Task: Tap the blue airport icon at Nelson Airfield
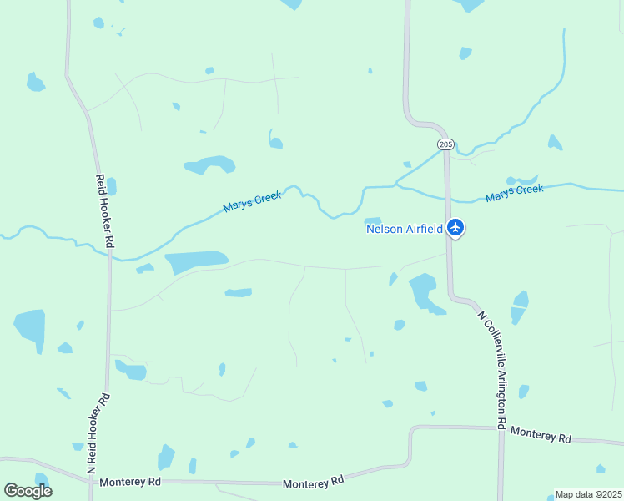[x=455, y=226]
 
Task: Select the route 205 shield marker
[x=445, y=144]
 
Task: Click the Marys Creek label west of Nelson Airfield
[x=252, y=200]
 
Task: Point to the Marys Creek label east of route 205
[x=514, y=193]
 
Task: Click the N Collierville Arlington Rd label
[x=492, y=370]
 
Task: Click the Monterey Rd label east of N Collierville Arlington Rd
[x=541, y=434]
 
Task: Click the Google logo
[x=28, y=491]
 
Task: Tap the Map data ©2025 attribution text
[x=588, y=494]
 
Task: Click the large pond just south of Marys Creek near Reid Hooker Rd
[x=197, y=261]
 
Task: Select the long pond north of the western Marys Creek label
[x=209, y=164]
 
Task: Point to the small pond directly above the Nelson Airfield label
[x=373, y=220]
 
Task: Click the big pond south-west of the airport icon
[x=424, y=292]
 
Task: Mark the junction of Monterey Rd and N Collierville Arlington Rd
[x=501, y=428]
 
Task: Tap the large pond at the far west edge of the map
[x=30, y=329]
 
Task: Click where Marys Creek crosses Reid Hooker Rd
[x=108, y=254]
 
